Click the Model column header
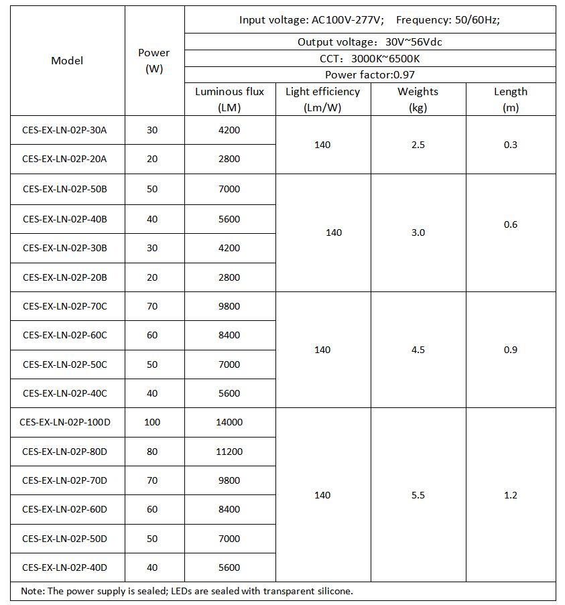67,60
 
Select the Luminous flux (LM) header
229,99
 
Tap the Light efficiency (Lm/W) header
322,99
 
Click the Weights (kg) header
418,99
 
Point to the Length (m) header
510,99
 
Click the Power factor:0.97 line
369,75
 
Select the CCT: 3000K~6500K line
369,58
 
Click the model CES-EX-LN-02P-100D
65,422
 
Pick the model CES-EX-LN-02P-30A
64,130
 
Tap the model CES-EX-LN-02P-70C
64,306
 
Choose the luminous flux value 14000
229,422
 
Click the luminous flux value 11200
229,452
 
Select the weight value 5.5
418,495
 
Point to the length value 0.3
510,145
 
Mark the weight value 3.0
418,232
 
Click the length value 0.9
510,350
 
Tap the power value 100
152,422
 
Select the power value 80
152,452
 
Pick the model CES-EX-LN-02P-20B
64,277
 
